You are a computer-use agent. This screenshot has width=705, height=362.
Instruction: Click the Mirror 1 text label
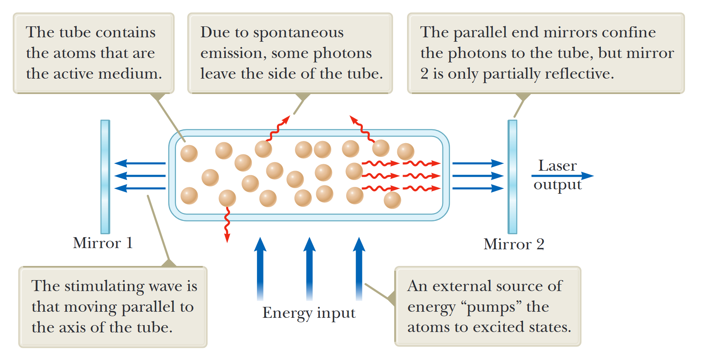103,243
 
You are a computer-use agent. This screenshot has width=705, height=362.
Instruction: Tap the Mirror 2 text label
514,244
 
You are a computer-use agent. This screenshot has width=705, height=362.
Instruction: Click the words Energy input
309,313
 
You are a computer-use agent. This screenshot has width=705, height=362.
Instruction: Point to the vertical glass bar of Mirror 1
105,177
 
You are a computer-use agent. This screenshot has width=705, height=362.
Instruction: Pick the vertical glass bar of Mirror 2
512,177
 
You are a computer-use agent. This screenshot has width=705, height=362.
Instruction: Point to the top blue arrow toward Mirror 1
140,163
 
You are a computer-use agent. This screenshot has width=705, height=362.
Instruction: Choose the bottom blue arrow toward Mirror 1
140,188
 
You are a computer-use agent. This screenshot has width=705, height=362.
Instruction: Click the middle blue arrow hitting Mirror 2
478,176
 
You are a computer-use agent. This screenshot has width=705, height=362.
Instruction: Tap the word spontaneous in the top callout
304,33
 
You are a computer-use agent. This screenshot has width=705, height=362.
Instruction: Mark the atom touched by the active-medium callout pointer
189,154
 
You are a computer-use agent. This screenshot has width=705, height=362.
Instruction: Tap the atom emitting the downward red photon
227,198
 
